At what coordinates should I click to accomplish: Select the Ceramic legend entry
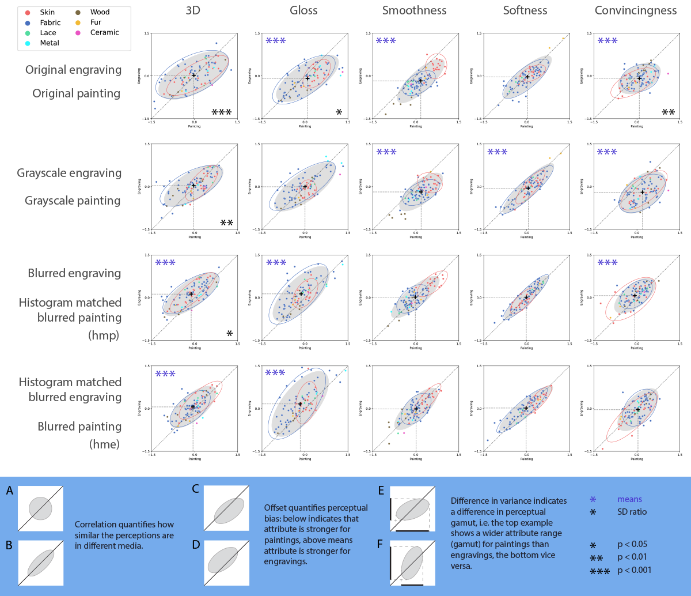[104, 33]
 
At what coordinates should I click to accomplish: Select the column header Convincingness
[636, 11]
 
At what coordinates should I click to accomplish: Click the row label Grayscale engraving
[69, 173]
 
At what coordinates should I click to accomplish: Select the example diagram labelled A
[40, 508]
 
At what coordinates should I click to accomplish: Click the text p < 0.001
[634, 571]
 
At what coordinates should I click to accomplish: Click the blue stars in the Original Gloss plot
[276, 41]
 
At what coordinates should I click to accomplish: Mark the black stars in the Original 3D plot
[222, 112]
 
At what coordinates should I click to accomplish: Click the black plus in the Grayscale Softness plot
[528, 188]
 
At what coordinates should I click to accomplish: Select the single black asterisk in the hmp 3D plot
[229, 334]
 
